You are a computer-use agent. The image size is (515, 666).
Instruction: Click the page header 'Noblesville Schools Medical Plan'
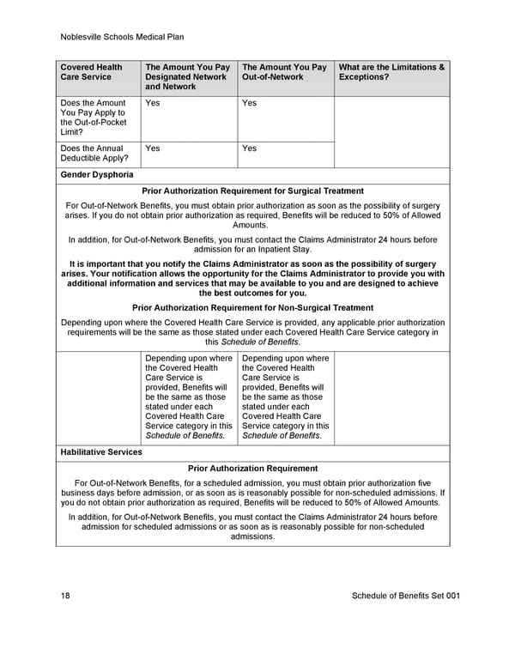tap(123, 37)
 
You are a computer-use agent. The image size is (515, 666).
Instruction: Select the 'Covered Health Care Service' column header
tap(91, 72)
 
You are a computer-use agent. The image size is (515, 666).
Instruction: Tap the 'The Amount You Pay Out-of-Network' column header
tap(284, 72)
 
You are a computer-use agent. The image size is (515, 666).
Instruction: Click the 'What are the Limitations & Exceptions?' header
tap(391, 72)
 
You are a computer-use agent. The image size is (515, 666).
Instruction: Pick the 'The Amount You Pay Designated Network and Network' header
tap(187, 76)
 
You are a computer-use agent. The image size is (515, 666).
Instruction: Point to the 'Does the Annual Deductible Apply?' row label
tap(94, 153)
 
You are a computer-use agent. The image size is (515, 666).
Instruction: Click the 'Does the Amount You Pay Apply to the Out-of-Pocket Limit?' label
tap(93, 118)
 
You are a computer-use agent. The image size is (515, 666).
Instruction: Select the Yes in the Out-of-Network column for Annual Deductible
tap(250, 148)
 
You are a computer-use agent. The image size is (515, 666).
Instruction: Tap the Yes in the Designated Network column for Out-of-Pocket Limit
tap(153, 103)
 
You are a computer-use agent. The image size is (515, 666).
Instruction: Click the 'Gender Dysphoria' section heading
tap(96, 175)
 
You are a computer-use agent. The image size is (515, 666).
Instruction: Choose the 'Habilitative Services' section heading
tap(101, 451)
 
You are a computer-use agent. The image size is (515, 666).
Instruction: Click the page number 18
tap(66, 596)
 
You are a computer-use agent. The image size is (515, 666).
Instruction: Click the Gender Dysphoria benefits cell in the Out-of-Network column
tap(285, 397)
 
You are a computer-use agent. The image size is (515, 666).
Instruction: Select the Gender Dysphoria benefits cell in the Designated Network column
tap(189, 397)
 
